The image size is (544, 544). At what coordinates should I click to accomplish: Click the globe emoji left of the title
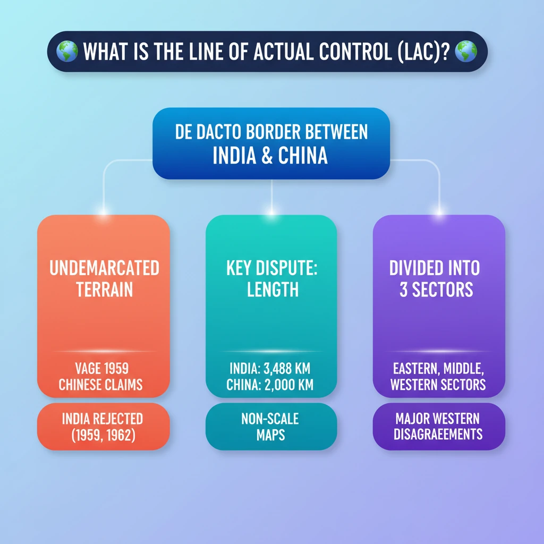pos(69,52)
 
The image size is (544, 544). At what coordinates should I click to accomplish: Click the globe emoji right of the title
pos(466,52)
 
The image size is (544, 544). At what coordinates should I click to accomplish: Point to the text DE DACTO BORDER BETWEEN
pos(271,132)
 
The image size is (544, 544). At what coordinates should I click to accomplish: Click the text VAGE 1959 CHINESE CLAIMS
pos(101,376)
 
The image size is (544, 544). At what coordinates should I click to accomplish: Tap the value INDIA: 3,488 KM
pos(271,368)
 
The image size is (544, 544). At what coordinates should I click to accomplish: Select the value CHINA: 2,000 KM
pos(271,385)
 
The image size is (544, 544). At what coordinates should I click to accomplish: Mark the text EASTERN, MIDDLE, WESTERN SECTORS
pos(438,376)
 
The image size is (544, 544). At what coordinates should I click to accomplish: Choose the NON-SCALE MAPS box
pos(270,427)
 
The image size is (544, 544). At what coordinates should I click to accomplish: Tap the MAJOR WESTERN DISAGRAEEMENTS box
pos(439,426)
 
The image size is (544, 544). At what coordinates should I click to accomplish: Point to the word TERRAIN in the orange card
pos(104,290)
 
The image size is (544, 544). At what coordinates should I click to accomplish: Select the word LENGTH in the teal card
pos(272,290)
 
